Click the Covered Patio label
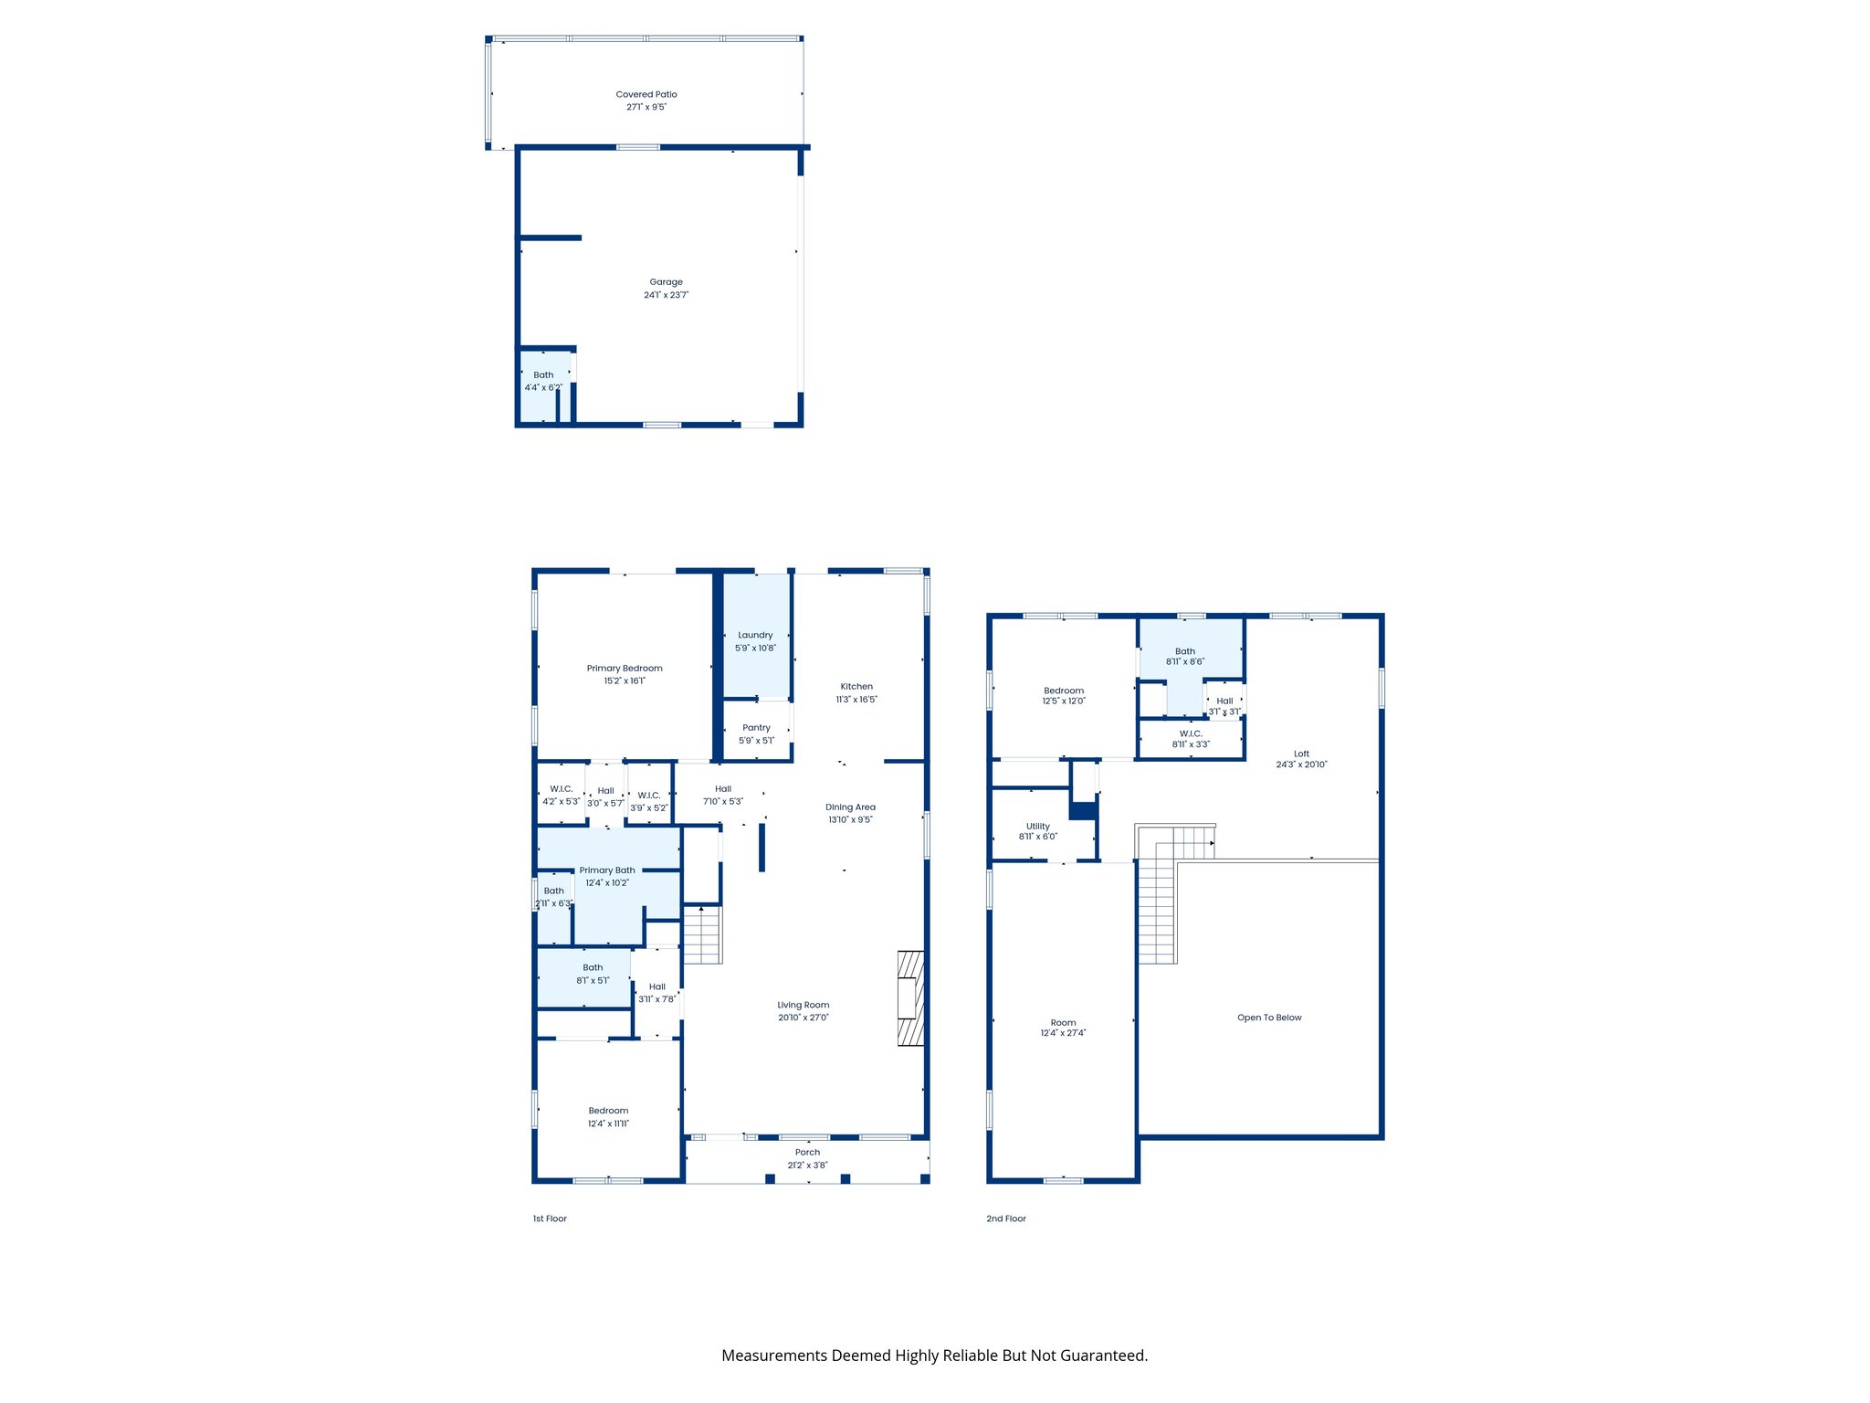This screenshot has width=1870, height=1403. [646, 94]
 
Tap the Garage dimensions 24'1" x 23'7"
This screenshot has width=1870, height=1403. [666, 295]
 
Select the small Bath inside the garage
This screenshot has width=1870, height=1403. [543, 381]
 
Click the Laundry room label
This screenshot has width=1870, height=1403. [755, 635]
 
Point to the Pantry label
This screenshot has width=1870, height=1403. [756, 728]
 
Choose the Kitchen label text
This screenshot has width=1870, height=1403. [856, 686]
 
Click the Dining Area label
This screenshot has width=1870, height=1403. [850, 807]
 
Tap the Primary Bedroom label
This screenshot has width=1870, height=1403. [625, 668]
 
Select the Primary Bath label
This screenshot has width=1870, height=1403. [607, 870]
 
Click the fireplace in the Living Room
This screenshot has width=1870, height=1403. [910, 997]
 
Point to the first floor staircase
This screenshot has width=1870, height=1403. [702, 934]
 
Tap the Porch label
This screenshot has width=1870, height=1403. [807, 1152]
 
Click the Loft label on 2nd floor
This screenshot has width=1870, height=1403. [1301, 754]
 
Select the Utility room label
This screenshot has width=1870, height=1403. [1038, 826]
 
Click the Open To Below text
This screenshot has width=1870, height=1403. [1269, 1018]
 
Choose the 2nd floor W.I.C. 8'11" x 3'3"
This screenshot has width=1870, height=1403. [1191, 739]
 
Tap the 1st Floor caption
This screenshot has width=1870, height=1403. [550, 1218]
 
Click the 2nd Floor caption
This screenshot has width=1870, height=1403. [1006, 1218]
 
